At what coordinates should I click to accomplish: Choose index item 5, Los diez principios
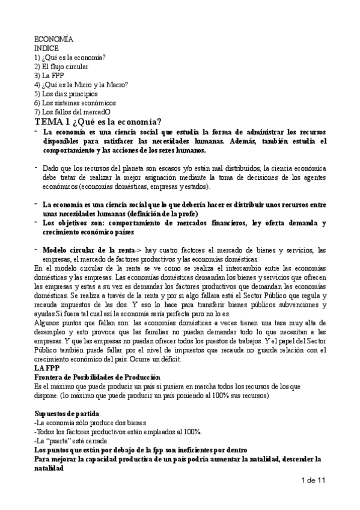pyautogui.click(x=66, y=94)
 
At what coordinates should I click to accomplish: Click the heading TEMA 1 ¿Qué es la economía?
pyautogui.click(x=97, y=122)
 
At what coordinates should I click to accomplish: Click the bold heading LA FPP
pyautogui.click(x=46, y=368)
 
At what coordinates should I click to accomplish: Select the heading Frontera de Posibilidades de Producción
pyautogui.click(x=97, y=377)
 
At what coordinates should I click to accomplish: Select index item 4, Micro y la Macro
pyautogui.click(x=81, y=85)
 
